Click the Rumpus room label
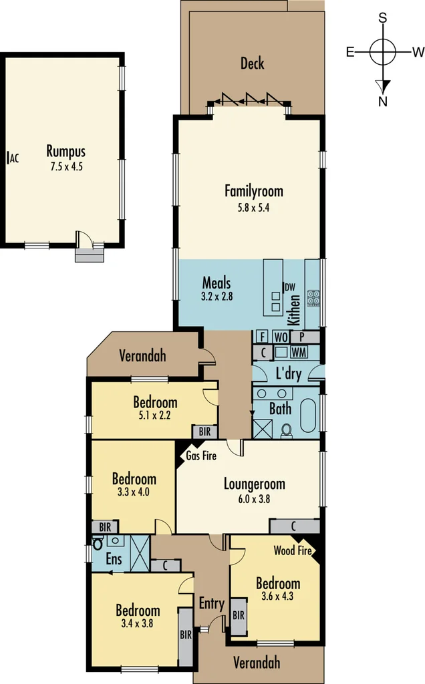point(65,151)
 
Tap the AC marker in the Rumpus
point(14,158)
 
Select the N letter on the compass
point(384,102)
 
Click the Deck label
point(252,63)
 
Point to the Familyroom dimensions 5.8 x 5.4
point(253,207)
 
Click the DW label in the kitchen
point(290,287)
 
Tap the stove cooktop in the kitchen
point(313,298)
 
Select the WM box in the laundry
point(299,351)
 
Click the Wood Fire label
point(292,551)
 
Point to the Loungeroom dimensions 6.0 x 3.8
point(254,498)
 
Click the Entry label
point(212,603)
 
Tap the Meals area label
point(217,283)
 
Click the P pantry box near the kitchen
point(302,336)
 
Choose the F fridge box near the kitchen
point(262,336)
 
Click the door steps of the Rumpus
point(90,255)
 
